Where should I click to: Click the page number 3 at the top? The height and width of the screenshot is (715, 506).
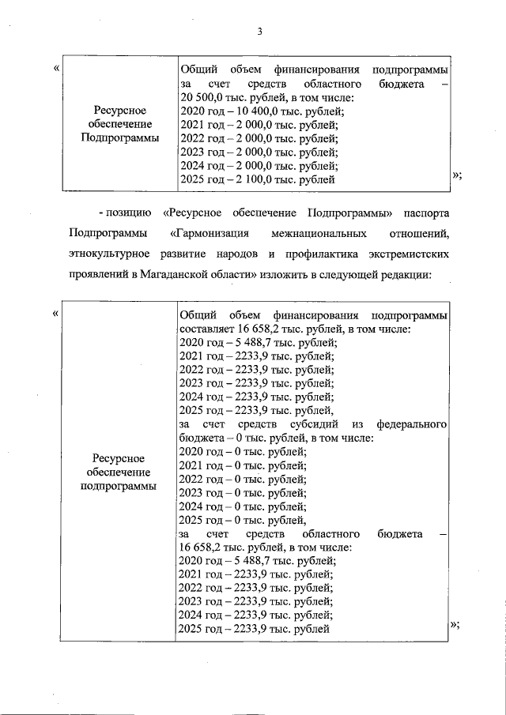coord(259,32)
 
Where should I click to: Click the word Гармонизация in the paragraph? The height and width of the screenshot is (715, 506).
coord(210,234)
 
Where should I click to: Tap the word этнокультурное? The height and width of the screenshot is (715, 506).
coord(105,254)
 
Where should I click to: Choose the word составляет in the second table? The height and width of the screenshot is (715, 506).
coord(206,329)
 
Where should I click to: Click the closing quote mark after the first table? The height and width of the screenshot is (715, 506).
coord(457,176)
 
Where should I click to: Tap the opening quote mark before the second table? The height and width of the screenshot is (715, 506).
coord(56,313)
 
